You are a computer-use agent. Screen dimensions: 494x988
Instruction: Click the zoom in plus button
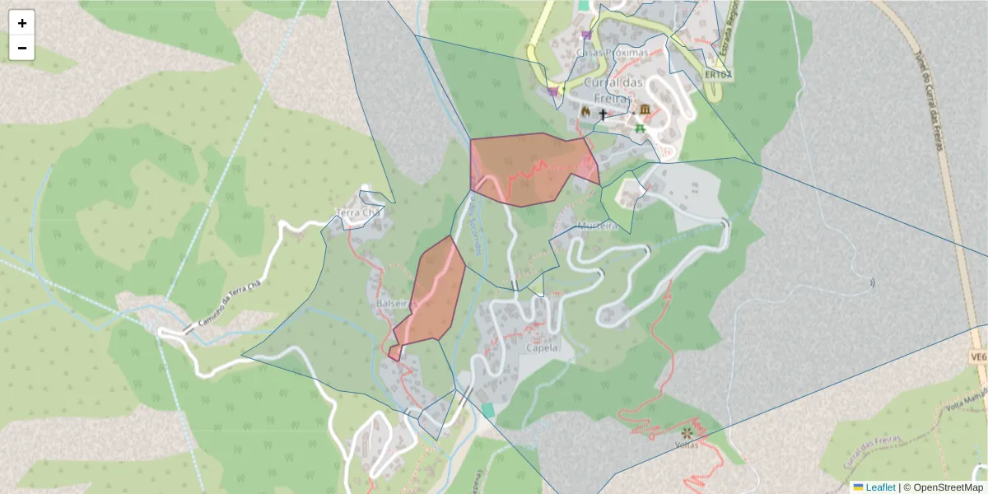(x=22, y=23)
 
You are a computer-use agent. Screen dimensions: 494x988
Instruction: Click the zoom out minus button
(x=22, y=48)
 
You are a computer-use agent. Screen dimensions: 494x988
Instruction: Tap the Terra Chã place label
(x=361, y=214)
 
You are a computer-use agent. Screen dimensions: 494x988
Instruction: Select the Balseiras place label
(x=394, y=303)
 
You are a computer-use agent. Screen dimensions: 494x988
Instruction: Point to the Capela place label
(x=540, y=347)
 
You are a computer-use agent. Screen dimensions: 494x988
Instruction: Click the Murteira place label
(x=598, y=226)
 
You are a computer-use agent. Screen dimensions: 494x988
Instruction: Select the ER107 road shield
(x=718, y=74)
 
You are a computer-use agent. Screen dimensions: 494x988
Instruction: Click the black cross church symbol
(x=603, y=114)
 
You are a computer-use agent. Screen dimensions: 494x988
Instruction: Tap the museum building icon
(x=644, y=110)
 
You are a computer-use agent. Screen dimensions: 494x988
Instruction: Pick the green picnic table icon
(x=640, y=128)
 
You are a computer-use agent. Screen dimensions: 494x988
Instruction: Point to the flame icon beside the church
(x=585, y=111)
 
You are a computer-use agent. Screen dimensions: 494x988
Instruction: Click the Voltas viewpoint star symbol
(x=686, y=431)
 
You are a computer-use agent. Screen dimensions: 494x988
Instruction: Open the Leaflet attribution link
(x=879, y=487)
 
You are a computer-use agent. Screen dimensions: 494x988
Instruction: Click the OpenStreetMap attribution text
(x=948, y=487)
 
